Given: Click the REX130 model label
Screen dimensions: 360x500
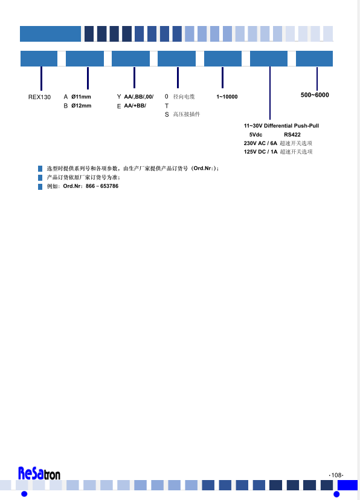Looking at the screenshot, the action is [39, 97].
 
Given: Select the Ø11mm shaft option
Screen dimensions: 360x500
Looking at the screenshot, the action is [81, 97].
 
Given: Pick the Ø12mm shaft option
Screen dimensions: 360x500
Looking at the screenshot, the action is [81, 106].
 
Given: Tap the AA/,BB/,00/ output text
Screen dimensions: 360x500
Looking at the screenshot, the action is [138, 97].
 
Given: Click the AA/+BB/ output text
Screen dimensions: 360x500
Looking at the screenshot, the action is [135, 106].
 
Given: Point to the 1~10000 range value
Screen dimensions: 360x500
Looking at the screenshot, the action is [227, 97].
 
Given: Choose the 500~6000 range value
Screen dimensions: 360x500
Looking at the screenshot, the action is [315, 95].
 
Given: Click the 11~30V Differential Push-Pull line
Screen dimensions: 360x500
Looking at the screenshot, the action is [281, 126].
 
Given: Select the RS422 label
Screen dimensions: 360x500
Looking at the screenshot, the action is [292, 135].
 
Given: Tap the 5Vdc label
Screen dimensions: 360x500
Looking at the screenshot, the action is [256, 135].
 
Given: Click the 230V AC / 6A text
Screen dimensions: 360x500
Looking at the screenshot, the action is [260, 143].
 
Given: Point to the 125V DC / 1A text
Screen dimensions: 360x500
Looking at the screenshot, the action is [260, 152].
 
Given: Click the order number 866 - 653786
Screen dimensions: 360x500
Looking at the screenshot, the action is [102, 186].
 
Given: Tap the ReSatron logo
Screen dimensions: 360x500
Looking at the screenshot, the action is [39, 473].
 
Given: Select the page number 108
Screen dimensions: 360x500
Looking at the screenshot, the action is [336, 475].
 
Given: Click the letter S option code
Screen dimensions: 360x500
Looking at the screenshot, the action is [167, 114].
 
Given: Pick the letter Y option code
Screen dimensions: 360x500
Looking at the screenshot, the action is [119, 97].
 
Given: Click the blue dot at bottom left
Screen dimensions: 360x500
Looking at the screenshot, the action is [24, 494].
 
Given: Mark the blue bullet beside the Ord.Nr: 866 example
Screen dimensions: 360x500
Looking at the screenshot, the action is [40, 187].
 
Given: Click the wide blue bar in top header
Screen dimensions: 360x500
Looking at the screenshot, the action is [50, 34].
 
